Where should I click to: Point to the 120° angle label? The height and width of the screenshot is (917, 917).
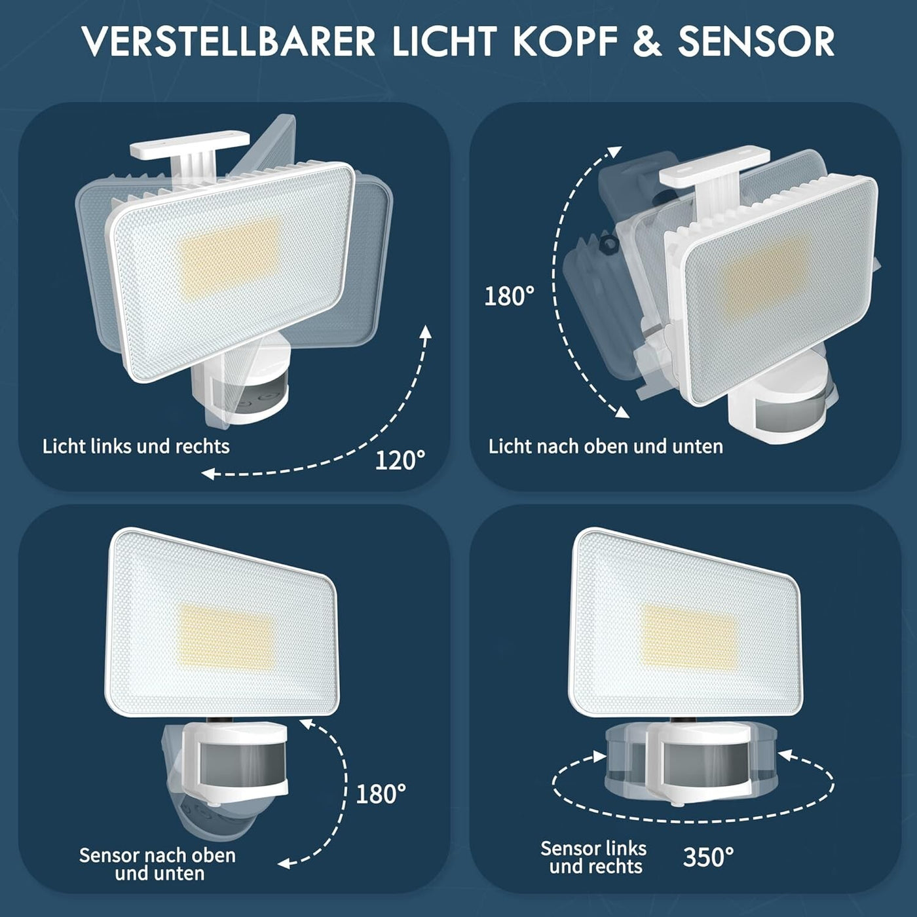point(400,460)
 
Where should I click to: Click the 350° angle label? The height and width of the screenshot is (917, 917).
point(709,857)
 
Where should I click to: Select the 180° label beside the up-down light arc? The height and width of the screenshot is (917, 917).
point(509,296)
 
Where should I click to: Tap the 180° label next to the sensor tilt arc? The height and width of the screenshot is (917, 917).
point(381,794)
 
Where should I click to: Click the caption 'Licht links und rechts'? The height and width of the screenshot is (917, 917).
point(136,446)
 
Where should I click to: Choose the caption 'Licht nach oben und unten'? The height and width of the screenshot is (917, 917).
point(606,447)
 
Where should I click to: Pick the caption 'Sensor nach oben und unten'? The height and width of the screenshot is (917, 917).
point(157,864)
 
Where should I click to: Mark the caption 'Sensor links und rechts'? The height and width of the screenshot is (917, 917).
point(594,857)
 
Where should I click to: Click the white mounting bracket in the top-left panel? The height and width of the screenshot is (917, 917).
point(189,151)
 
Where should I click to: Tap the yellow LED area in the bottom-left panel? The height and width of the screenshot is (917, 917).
point(225,636)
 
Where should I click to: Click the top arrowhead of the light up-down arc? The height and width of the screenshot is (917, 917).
point(616,152)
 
